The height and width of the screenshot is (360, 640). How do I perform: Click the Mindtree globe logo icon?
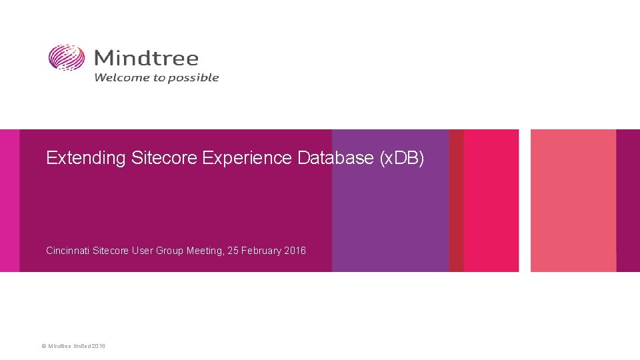pos(67,58)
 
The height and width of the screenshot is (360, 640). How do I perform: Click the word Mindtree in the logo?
pos(146,58)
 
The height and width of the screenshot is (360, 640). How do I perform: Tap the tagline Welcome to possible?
pos(156,77)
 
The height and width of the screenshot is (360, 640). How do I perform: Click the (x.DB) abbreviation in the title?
pos(401,159)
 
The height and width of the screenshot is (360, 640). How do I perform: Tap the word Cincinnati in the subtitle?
pos(67,251)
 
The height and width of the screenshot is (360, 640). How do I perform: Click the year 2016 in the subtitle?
pos(295,251)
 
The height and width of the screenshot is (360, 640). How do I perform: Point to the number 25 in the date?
pos(233,251)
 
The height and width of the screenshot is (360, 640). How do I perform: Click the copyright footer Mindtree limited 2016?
pos(73,346)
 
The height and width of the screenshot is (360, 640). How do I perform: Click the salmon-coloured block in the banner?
pos(573,200)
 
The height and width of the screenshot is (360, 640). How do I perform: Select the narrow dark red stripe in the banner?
pos(456,200)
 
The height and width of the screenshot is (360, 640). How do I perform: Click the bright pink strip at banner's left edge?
pos(9,200)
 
